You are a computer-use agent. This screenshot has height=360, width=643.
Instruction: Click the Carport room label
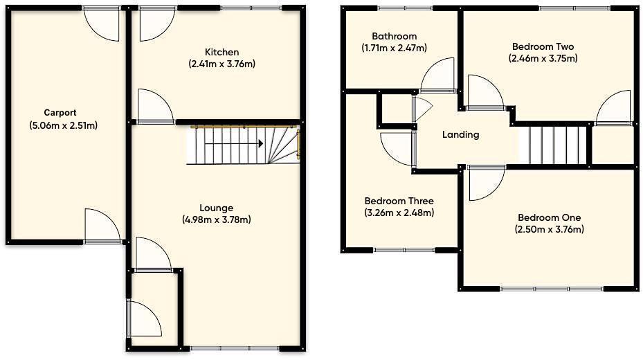click(60, 113)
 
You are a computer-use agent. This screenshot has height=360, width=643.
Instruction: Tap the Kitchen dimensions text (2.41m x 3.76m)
click(222, 64)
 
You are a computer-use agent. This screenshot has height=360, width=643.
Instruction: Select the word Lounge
click(216, 208)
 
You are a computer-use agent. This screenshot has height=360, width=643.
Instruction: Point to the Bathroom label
click(394, 36)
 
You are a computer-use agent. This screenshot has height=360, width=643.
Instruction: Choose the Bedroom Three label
click(399, 201)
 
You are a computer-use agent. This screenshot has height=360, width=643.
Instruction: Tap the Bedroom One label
click(549, 217)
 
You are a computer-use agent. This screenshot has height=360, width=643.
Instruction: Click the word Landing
click(460, 135)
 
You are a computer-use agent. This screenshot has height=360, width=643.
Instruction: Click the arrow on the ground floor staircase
click(260, 144)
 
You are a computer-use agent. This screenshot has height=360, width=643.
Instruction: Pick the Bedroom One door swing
click(486, 183)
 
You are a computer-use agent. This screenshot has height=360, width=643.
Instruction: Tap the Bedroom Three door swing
click(398, 147)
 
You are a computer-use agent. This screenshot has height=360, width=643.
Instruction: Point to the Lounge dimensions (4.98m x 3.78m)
click(216, 220)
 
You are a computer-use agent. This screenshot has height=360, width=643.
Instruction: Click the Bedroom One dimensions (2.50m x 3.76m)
click(549, 230)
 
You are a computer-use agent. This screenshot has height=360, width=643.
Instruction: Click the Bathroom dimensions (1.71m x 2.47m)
click(394, 48)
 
